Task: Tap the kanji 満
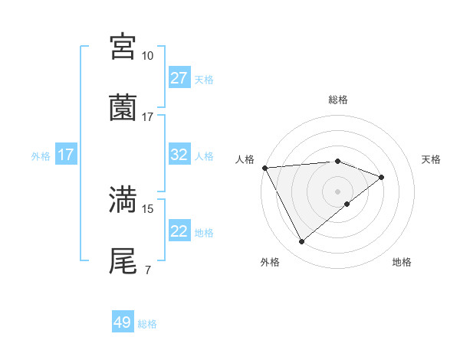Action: (x=123, y=199)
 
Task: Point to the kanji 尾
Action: (x=123, y=260)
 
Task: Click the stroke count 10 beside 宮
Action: (x=147, y=56)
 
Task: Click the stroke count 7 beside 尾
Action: (x=147, y=270)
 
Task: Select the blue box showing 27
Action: (x=179, y=77)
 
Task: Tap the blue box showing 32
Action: (x=179, y=155)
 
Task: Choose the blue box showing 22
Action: (x=179, y=231)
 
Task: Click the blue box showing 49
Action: (x=123, y=322)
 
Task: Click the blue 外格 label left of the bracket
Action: (x=41, y=156)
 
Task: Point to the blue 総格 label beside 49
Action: (x=147, y=324)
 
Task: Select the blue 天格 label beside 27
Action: (x=204, y=80)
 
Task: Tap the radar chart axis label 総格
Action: (x=338, y=100)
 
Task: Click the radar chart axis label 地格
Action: (x=402, y=263)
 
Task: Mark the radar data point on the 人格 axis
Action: (x=264, y=168)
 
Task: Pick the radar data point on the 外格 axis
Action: (x=301, y=242)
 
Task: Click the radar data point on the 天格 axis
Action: (x=382, y=177)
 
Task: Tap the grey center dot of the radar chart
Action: (x=338, y=191)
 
